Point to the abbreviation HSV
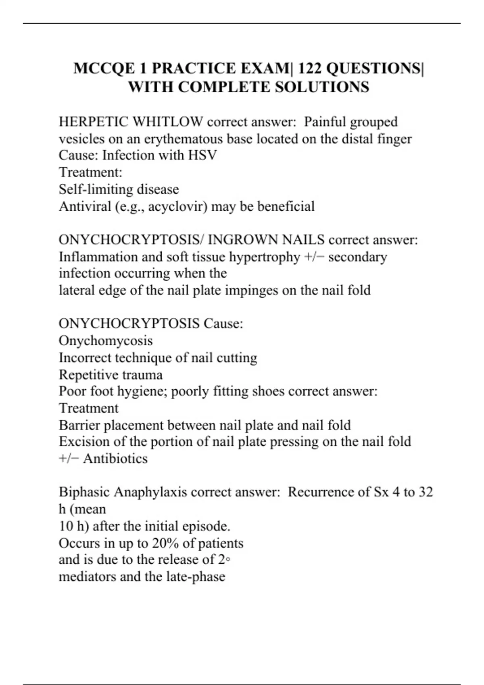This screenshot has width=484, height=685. [x=202, y=155]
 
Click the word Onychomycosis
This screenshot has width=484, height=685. [x=106, y=341]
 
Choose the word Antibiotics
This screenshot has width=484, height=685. [x=115, y=459]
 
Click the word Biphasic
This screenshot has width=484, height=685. [x=84, y=492]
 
